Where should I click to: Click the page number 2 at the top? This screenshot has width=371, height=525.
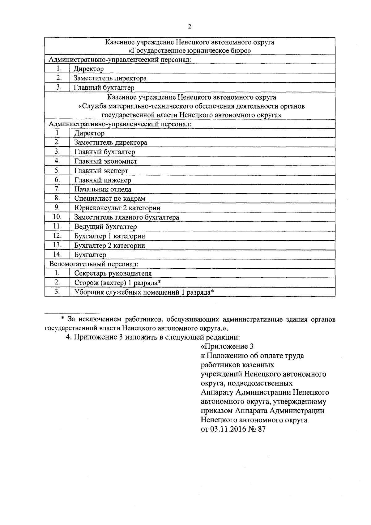(x=189, y=27)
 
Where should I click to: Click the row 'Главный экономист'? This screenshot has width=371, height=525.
(x=105, y=161)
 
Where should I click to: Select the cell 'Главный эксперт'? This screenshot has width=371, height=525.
(x=101, y=171)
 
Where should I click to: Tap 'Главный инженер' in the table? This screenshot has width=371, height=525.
(x=103, y=180)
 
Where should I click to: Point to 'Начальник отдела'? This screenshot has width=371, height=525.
(x=103, y=190)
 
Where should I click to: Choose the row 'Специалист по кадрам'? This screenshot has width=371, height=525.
(x=110, y=199)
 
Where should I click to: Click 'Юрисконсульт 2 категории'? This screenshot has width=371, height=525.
(x=117, y=208)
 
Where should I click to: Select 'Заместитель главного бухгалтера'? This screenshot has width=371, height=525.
(x=126, y=217)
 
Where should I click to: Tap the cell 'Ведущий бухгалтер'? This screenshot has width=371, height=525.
(x=105, y=227)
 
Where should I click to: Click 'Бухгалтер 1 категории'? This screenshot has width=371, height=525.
(x=110, y=236)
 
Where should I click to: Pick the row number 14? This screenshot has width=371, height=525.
(x=58, y=254)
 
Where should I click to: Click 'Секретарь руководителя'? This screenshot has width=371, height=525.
(x=113, y=273)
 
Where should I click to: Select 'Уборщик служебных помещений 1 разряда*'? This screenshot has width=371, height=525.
(x=144, y=292)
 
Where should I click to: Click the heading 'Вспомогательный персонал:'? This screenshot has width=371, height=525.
(x=94, y=264)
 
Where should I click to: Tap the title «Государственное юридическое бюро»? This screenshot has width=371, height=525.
(x=190, y=50)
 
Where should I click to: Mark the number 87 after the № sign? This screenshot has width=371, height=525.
(x=262, y=429)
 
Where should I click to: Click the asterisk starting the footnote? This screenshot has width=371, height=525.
(x=62, y=318)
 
